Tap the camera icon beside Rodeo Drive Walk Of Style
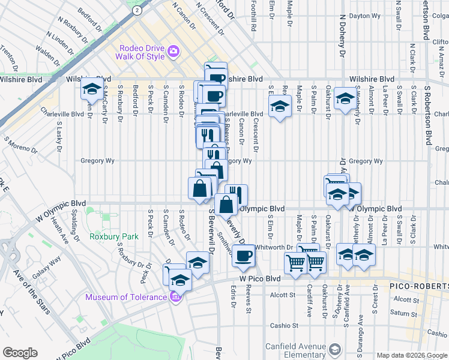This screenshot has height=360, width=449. tap(173, 50)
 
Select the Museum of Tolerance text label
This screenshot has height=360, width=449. tap(125, 297)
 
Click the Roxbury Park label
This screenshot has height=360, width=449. tap(113, 236)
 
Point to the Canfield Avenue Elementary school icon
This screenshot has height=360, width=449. tap(335, 349)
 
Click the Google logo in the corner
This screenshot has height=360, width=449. tap(20, 353)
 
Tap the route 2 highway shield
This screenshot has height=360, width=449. tap(137, 10)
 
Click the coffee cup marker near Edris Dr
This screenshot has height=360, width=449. tap(243, 256)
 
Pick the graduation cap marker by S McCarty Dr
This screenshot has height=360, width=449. tap(91, 89)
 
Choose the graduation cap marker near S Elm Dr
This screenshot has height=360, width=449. tap(279, 107)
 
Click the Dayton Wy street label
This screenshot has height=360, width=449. tap(367, 16)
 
